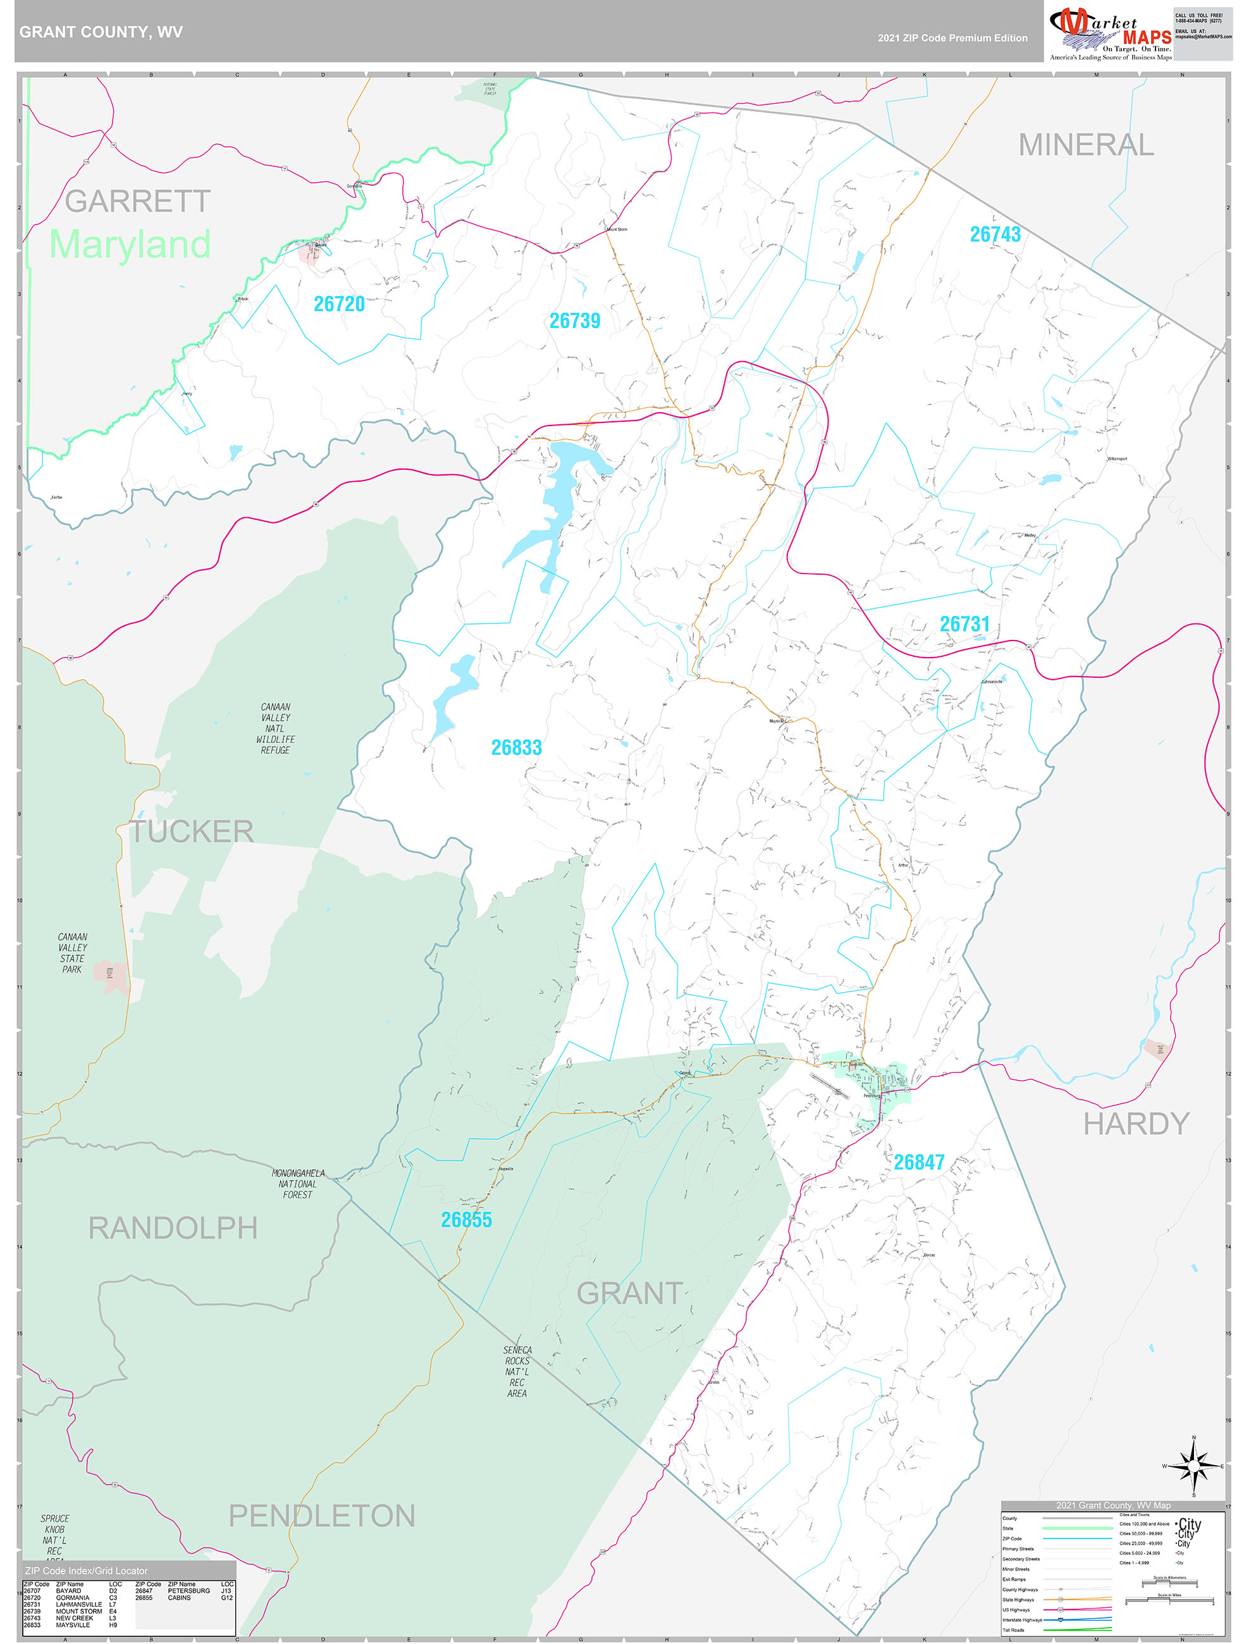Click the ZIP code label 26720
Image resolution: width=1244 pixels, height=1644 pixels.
pyautogui.click(x=339, y=304)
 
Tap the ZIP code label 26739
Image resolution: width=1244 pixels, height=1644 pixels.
pyautogui.click(x=575, y=321)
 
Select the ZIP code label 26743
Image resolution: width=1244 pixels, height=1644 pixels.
pyautogui.click(x=995, y=235)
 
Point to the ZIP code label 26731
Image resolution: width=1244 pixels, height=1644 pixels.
pyautogui.click(x=964, y=624)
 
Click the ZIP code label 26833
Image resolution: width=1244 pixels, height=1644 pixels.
pyautogui.click(x=516, y=747)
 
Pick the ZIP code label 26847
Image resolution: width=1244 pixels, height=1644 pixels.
pyautogui.click(x=919, y=1162)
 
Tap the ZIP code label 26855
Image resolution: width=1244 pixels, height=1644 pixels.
pyautogui.click(x=466, y=1220)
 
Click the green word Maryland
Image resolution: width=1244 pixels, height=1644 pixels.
pyautogui.click(x=130, y=245)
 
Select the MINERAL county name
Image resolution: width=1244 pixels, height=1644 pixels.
pyautogui.click(x=1086, y=145)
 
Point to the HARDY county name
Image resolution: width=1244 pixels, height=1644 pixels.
pyautogui.click(x=1135, y=1124)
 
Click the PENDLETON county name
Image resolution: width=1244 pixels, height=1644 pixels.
pyautogui.click(x=321, y=1516)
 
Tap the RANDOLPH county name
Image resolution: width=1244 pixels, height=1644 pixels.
pyautogui.click(x=173, y=1229)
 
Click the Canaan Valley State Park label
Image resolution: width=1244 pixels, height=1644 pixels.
pyautogui.click(x=72, y=953)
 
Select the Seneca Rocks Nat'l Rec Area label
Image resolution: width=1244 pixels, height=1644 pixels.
pyautogui.click(x=517, y=1371)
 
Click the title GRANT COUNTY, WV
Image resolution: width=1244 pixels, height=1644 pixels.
pyautogui.click(x=101, y=32)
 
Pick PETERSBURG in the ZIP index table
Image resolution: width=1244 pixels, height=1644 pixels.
pyautogui.click(x=189, y=1592)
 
